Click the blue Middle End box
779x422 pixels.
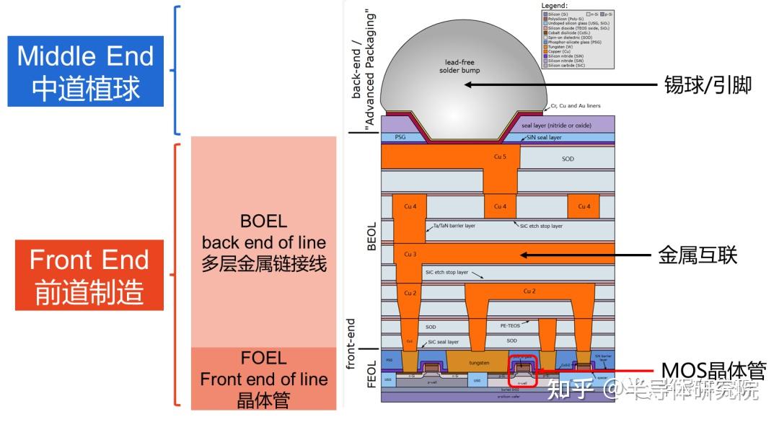tap(86, 71)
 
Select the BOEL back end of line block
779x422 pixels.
tap(263, 242)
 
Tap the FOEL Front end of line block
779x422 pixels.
tap(263, 379)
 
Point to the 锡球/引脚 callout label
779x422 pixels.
tap(708, 85)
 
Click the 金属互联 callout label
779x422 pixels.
tap(697, 255)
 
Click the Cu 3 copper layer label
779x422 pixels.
tap(410, 254)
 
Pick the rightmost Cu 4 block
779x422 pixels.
tap(584, 206)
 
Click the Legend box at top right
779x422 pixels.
tap(577, 36)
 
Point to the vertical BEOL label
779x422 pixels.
tap(371, 236)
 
